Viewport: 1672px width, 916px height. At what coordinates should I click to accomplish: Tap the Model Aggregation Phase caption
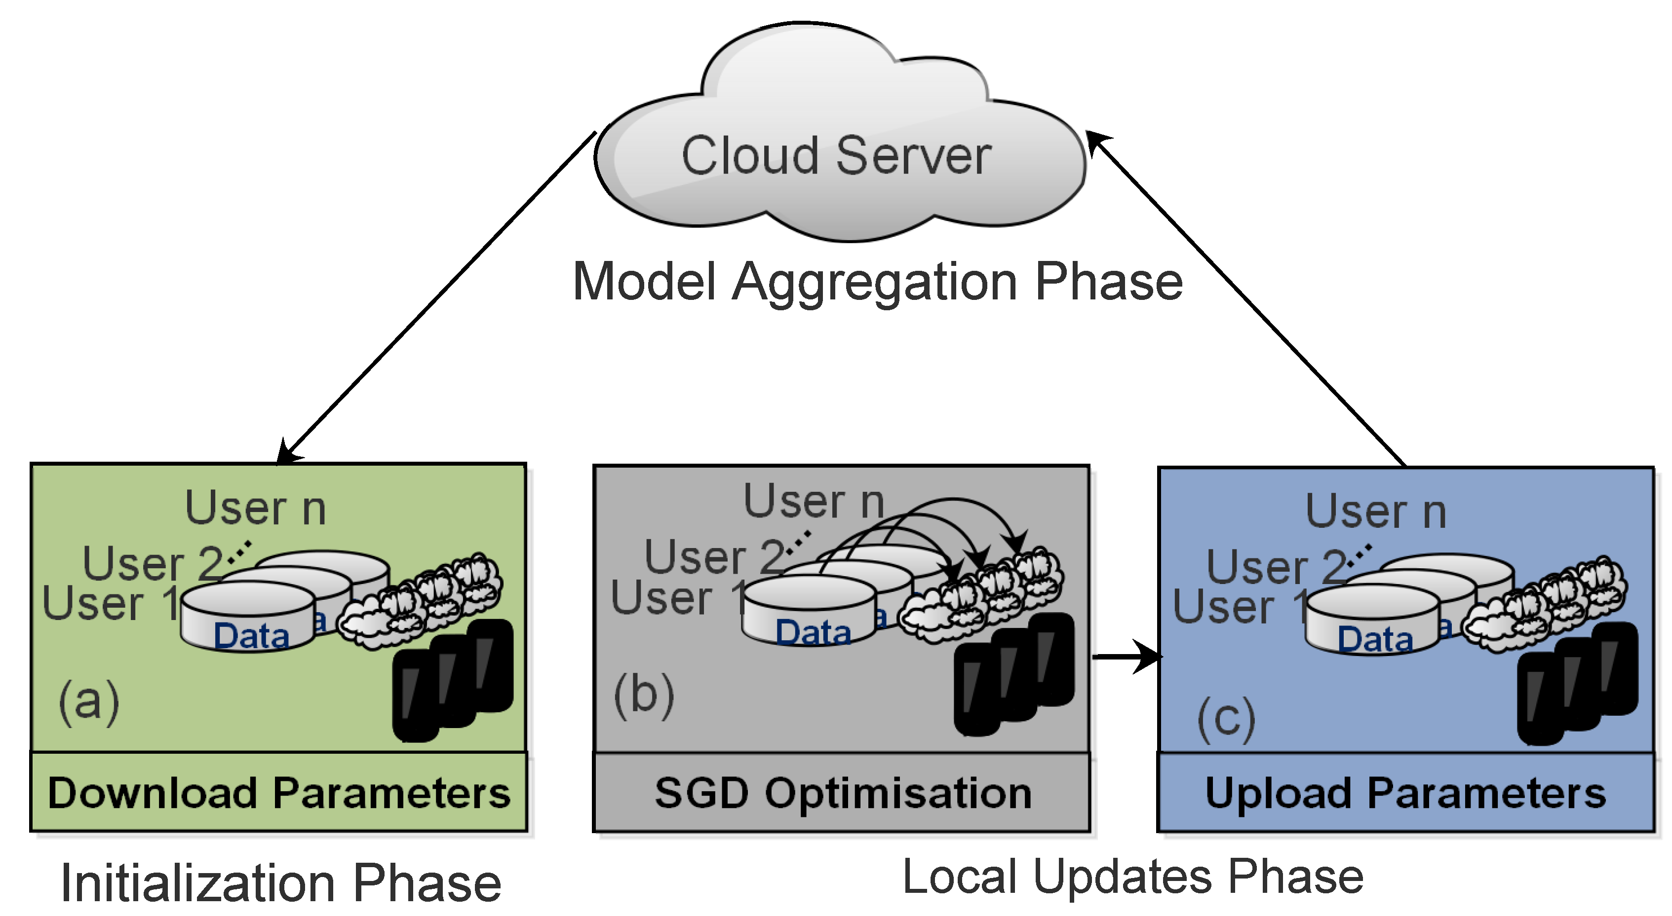(x=878, y=283)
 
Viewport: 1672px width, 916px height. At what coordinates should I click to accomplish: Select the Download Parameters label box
(x=278, y=792)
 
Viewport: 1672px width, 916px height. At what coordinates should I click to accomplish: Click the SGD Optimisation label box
(x=841, y=793)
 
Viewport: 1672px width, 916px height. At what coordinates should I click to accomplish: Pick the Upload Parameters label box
(x=1406, y=793)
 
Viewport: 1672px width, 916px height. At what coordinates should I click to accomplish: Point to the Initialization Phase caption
(x=280, y=883)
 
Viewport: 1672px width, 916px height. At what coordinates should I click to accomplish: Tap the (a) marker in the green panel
(x=89, y=702)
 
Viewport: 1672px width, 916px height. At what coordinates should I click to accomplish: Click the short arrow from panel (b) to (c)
(x=1127, y=657)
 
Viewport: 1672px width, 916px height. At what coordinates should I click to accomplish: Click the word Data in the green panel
(x=251, y=635)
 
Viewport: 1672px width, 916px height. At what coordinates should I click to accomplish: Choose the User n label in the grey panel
(x=814, y=502)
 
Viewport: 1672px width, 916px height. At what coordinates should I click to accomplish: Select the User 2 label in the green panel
(x=153, y=563)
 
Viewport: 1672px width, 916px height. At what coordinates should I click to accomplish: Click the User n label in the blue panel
(x=1376, y=511)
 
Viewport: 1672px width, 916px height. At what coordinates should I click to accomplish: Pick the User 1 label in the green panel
(x=111, y=603)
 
